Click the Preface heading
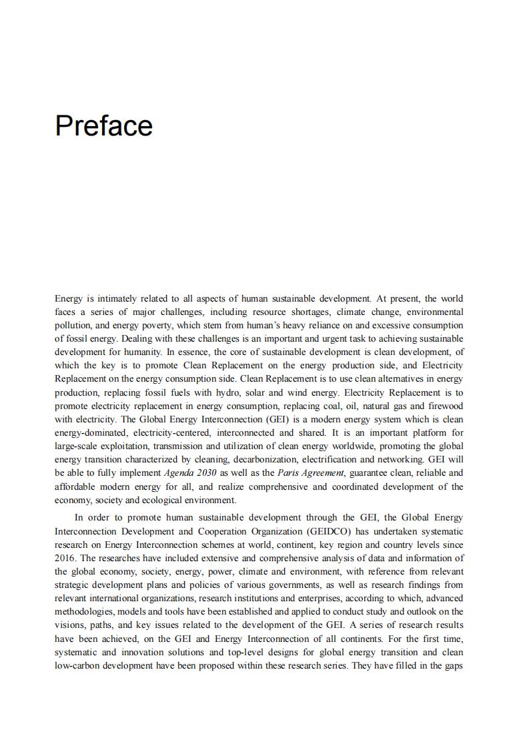103,126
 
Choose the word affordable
77,486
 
